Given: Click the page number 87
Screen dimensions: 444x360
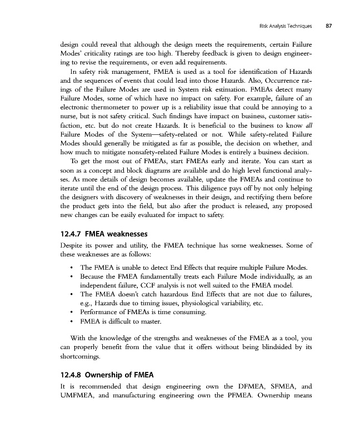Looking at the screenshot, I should (329, 26).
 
